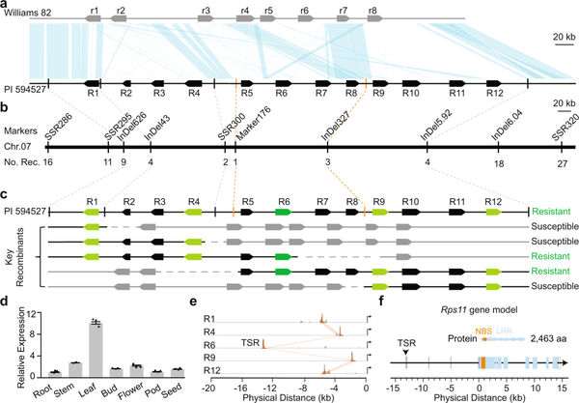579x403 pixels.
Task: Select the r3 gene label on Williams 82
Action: tap(206, 9)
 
